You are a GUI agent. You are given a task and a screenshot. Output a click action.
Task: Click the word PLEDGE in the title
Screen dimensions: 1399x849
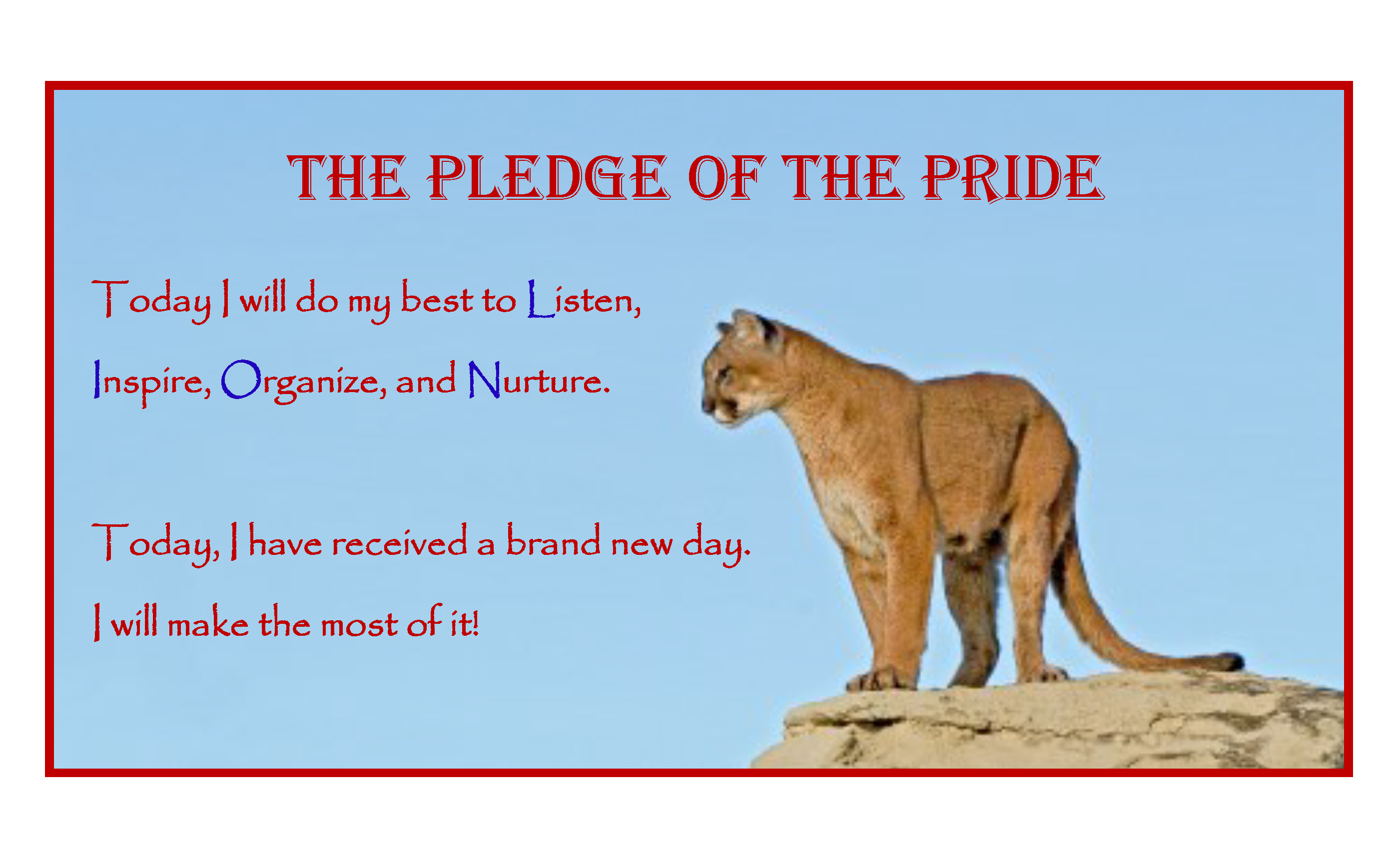(549, 178)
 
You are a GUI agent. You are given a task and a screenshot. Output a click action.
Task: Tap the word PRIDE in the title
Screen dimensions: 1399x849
(1012, 178)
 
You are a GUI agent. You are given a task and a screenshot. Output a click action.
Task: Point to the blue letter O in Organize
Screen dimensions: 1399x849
(241, 379)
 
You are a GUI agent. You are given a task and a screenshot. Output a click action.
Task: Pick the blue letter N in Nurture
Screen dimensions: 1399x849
(484, 379)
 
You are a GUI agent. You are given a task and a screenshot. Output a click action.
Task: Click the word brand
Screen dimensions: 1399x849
(553, 540)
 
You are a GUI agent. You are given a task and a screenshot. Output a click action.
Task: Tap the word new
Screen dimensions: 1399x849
(642, 545)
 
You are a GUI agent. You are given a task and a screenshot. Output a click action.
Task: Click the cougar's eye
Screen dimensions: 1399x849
(723, 373)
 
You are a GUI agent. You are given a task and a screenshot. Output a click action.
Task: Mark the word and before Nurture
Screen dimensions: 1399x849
(425, 379)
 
